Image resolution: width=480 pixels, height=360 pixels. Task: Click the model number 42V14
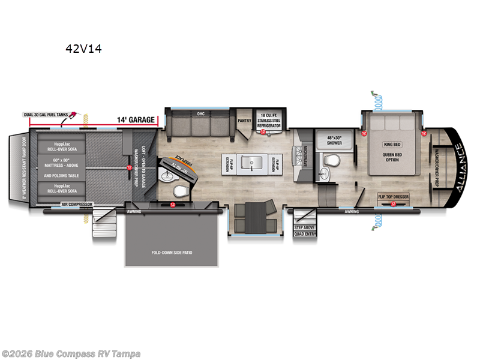pyautogui.click(x=83, y=49)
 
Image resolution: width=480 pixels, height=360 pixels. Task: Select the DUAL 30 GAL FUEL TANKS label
pyautogui.click(x=44, y=114)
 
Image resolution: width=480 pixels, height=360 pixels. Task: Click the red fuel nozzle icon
pyautogui.click(x=73, y=113)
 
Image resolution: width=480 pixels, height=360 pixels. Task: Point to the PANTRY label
pyautogui.click(x=244, y=120)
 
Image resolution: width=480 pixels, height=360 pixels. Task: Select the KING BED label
pyautogui.click(x=392, y=145)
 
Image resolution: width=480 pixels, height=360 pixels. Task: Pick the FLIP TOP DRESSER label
pyautogui.click(x=392, y=196)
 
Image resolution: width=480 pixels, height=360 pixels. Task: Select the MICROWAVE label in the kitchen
pyautogui.click(x=305, y=155)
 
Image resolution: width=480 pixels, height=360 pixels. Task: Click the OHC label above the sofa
pyautogui.click(x=201, y=113)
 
